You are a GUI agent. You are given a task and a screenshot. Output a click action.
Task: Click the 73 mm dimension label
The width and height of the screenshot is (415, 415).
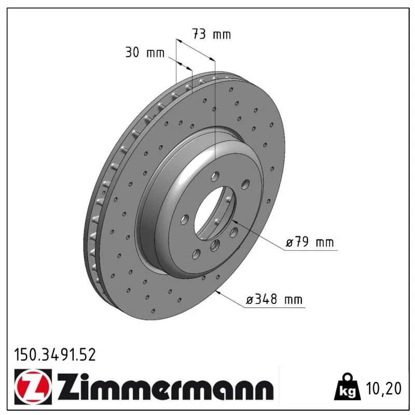coord(212,34)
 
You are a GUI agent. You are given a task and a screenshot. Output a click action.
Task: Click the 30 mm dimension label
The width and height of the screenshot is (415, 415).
coord(145,52)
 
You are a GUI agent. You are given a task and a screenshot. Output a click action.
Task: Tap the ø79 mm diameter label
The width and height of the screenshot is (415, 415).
coord(310,242)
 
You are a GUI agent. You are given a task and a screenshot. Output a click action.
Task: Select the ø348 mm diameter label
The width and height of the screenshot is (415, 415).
coord(274,299)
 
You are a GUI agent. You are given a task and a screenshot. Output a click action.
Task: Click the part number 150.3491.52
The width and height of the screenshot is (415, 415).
coord(55,355)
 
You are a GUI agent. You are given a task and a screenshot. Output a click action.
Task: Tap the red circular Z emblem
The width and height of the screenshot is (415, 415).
coord(33,386)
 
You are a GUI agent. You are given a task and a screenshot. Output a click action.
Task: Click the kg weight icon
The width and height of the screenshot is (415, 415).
coord(348,387)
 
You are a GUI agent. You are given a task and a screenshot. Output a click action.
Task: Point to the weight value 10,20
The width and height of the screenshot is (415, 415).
coord(383,388)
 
